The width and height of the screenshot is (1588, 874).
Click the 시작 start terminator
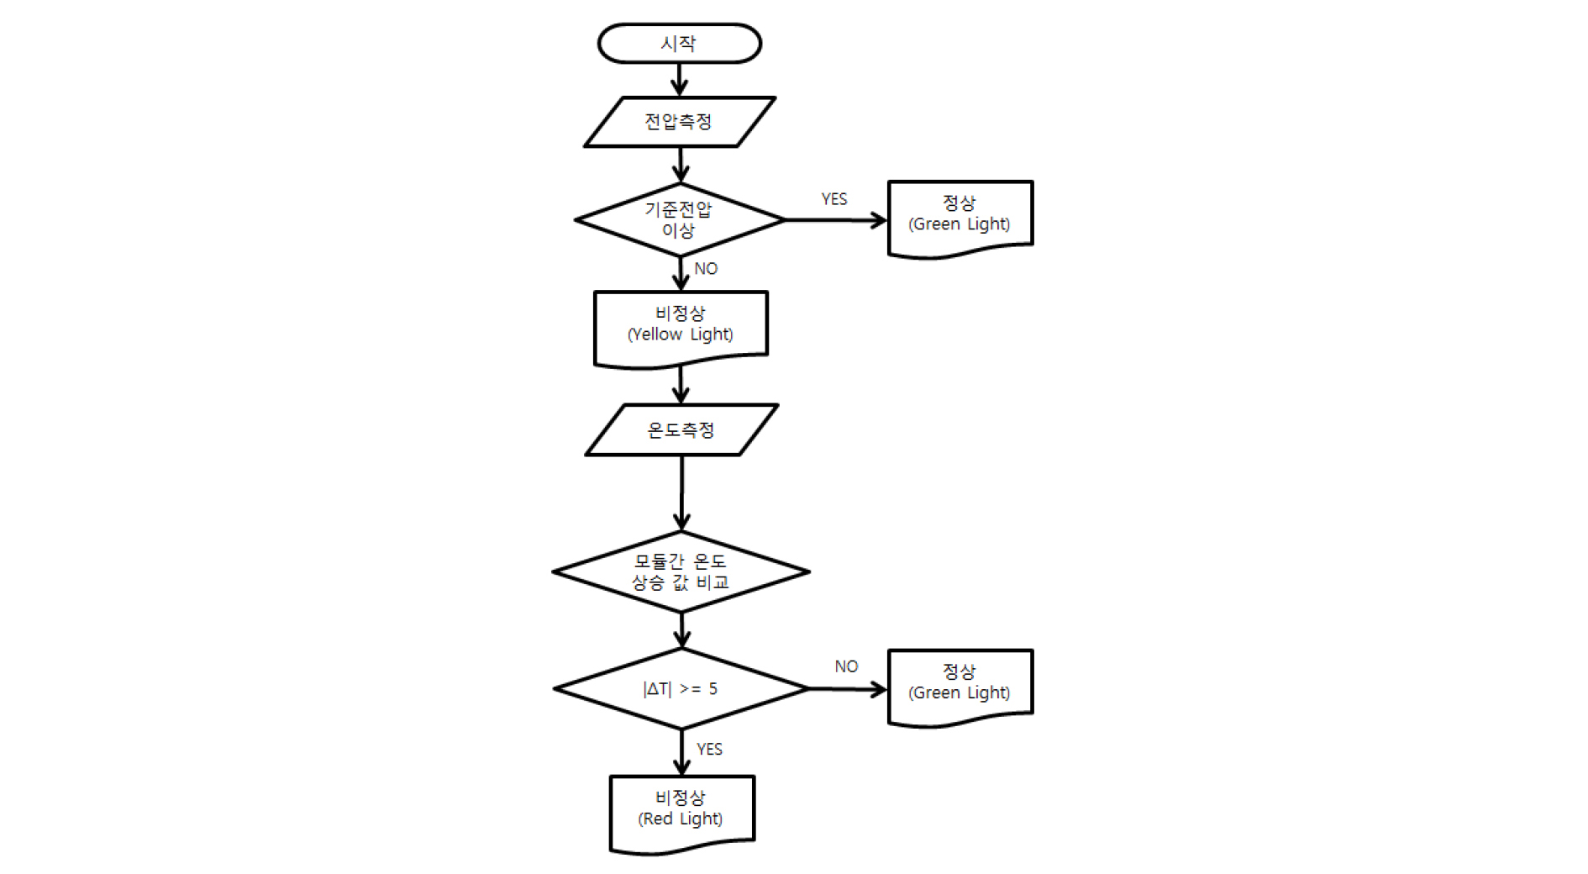point(679,44)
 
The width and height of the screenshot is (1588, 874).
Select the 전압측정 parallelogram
point(679,122)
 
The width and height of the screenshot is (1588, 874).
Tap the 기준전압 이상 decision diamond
point(679,219)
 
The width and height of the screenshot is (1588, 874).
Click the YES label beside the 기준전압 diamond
point(833,199)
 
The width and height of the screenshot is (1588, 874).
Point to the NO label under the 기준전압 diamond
point(706,269)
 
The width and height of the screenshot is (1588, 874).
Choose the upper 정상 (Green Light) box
point(960,215)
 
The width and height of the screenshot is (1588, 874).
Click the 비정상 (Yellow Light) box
point(681,325)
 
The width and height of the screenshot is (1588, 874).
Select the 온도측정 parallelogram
point(681,430)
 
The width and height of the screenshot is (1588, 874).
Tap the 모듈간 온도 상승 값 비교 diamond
point(681,571)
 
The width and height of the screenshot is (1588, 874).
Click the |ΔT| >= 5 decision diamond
point(681,688)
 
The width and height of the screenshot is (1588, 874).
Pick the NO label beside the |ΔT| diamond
point(846,666)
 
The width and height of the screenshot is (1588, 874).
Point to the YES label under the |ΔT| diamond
point(709,749)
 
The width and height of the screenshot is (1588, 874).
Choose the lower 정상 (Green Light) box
point(960,683)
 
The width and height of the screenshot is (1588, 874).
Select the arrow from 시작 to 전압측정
point(680,80)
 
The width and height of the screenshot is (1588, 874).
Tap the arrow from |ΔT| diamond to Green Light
point(847,689)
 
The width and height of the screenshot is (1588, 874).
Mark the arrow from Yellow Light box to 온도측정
point(681,385)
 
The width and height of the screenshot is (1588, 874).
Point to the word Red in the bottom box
point(659,819)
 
